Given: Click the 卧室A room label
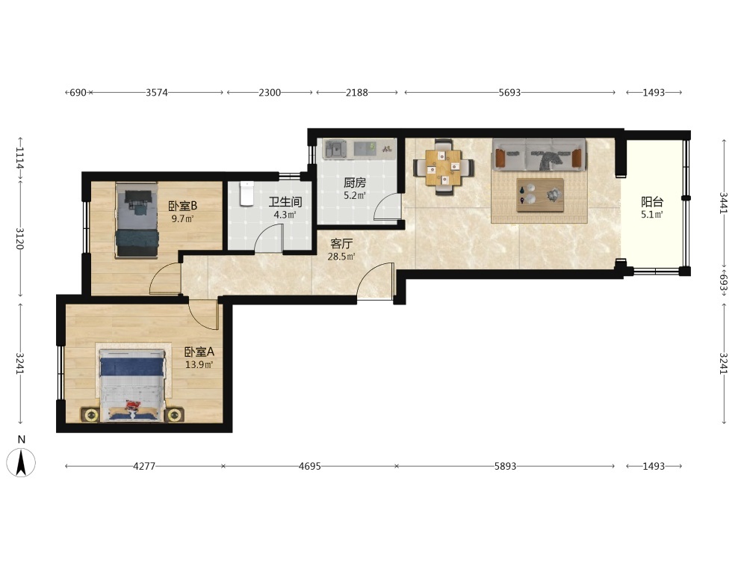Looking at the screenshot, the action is (199, 352).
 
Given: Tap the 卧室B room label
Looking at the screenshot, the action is (182, 206).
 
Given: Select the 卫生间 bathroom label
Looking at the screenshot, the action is (285, 202).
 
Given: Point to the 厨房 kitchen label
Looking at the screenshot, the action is (355, 183).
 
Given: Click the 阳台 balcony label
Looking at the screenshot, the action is (651, 202).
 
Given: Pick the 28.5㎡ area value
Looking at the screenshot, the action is (341, 257).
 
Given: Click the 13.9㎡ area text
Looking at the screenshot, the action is (199, 365).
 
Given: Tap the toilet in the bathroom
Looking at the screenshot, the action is (247, 193).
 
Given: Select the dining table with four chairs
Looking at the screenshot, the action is (444, 168).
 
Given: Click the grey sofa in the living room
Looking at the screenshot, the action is (539, 154).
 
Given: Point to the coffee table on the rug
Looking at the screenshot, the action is (540, 194).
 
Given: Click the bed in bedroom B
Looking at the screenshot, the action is (137, 221).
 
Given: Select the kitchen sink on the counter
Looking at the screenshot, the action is (338, 150).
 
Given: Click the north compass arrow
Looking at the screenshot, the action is (21, 462).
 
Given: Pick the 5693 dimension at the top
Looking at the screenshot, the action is (509, 93).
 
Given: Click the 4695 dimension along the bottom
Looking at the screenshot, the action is (310, 466).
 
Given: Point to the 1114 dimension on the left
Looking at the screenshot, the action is (19, 157).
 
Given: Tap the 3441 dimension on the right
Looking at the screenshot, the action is (724, 203).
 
